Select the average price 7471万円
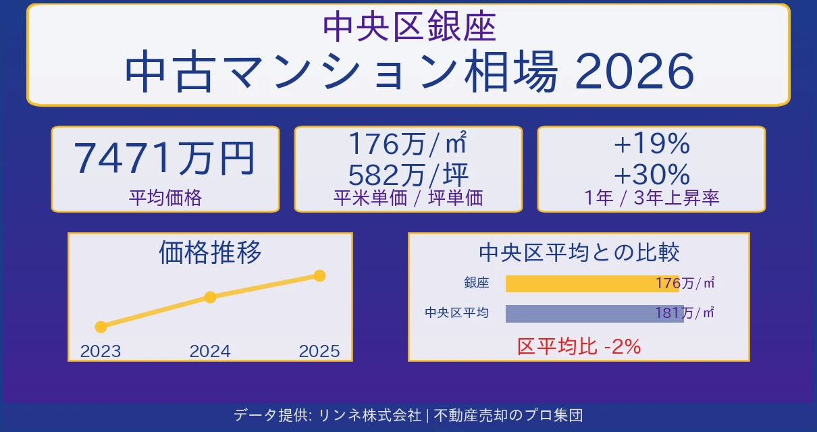pos(165,159)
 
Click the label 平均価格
pos(165,198)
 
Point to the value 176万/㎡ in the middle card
pos(408,144)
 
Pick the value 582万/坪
pos(408,175)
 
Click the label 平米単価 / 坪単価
pos(408,197)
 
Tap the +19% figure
pos(651,144)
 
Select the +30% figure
pos(651,175)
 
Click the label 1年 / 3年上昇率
pos(651,198)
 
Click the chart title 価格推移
pos(210,252)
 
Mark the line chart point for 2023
pos(101,327)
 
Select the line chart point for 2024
pos(210,297)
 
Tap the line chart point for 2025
pos(320,275)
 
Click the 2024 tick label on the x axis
pos(210,351)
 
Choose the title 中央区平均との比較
pos(579,252)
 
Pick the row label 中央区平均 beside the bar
pos(456,313)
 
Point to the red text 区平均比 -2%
pos(579,346)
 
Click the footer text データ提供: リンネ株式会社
pos(327,415)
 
